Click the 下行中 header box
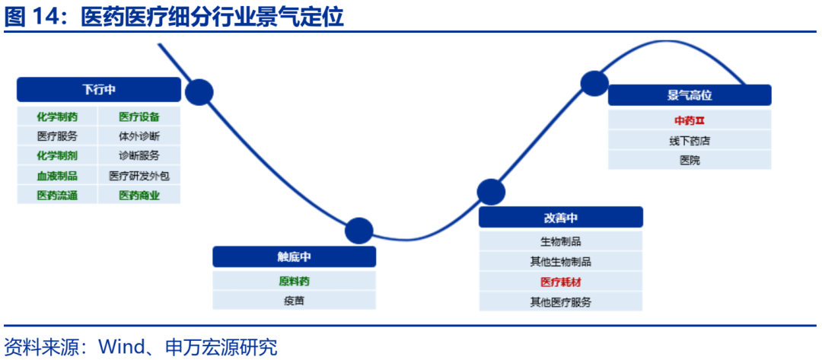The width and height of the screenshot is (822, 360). (99, 90)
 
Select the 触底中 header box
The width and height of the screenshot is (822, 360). (294, 256)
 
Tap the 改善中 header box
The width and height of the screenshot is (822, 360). (561, 218)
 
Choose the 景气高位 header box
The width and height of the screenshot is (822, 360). (690, 95)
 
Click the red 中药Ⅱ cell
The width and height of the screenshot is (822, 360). (690, 120)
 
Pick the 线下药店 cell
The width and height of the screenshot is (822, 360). (690, 141)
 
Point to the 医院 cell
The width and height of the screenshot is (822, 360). (690, 160)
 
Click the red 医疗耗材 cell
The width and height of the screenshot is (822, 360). (561, 282)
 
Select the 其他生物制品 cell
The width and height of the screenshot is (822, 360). (561, 262)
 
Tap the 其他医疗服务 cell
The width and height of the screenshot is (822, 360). (561, 301)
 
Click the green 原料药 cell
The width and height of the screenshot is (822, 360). (294, 281)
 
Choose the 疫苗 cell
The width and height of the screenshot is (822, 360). (294, 301)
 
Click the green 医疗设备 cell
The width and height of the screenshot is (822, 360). (139, 116)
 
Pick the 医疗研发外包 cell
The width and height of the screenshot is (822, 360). (139, 175)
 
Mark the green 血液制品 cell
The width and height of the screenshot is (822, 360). (58, 175)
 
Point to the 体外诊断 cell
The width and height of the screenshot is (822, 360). (139, 136)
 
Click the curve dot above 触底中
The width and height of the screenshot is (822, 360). (358, 231)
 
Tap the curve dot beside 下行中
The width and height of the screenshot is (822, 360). (199, 93)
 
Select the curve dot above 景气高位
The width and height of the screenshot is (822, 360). (594, 83)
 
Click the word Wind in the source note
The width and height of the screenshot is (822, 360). (121, 348)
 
